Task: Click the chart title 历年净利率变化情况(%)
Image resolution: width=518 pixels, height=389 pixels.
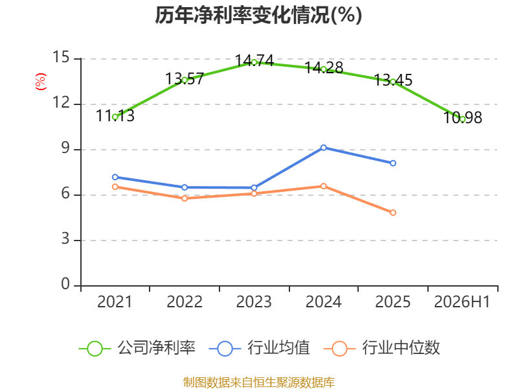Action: coord(258,15)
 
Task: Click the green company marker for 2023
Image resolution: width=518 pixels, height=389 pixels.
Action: coord(254,62)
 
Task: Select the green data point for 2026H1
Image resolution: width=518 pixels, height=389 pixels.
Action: coord(462,119)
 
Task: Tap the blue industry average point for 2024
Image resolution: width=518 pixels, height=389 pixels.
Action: coord(323,148)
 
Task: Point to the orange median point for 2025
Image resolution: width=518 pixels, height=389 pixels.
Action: coord(393,213)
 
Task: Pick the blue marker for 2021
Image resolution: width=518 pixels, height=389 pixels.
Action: coord(115,177)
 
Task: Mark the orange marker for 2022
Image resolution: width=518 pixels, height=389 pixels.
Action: coord(185,198)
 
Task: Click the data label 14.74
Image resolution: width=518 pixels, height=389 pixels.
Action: coord(254,61)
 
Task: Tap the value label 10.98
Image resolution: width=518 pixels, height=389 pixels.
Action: coord(462,118)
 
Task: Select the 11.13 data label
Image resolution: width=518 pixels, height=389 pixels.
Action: coord(115,116)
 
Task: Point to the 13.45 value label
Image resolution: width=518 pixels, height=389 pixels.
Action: coord(393,80)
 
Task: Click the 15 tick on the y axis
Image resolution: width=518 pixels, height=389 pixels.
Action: coord(61,58)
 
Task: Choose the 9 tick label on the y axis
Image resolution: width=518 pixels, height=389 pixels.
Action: coord(65,148)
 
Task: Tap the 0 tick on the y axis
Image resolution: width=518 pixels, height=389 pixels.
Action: coord(65,285)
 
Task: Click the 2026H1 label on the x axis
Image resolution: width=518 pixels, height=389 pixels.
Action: coord(462,302)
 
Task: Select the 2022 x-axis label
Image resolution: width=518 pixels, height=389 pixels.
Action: coord(185,302)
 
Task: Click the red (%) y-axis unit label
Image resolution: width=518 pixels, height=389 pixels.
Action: coord(41,82)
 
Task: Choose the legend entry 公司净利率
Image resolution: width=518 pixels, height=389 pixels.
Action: coord(137,348)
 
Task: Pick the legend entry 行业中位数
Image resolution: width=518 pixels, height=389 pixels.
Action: coord(381,348)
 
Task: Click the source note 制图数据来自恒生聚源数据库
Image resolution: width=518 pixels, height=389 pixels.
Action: coord(259,383)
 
